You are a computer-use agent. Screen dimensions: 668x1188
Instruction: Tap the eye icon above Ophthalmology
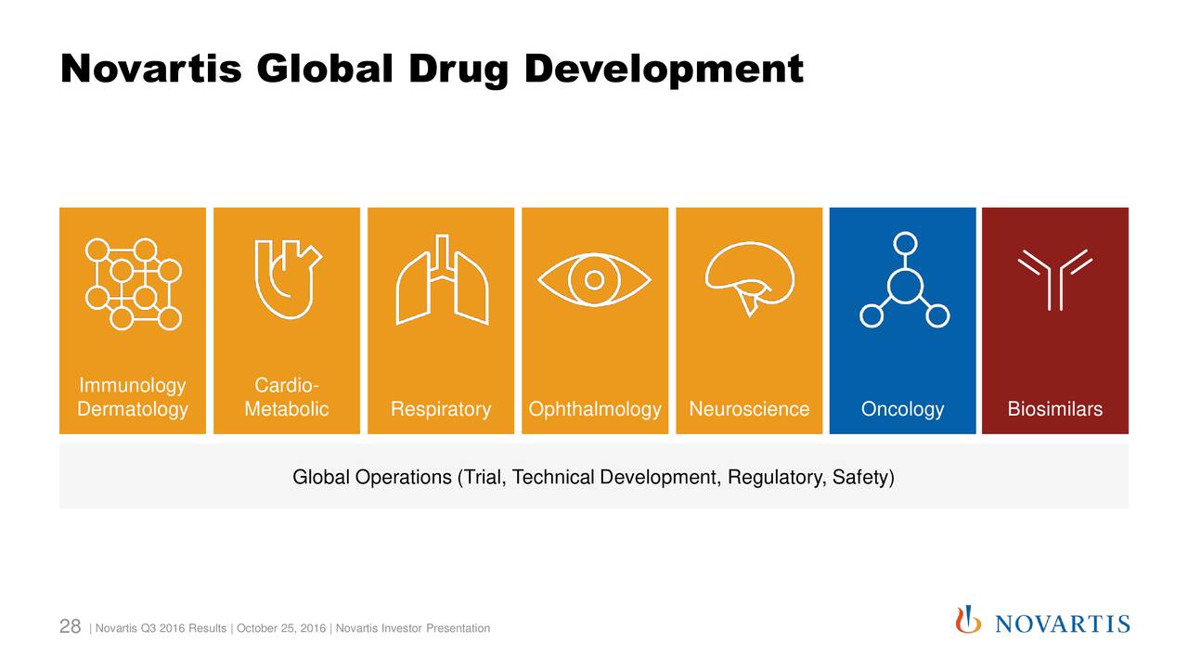[x=595, y=279]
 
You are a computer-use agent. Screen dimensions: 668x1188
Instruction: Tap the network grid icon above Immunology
[x=133, y=283]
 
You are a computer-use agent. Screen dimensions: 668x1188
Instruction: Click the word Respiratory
[x=441, y=409]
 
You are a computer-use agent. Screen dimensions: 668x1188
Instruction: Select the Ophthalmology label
[x=595, y=409]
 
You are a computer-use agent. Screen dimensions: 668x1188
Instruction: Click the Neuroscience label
[x=749, y=409]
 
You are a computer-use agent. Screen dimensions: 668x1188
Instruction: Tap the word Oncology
[x=902, y=409]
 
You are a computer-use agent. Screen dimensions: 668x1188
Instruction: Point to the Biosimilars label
[x=1055, y=409]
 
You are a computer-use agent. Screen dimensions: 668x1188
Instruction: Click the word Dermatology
[x=133, y=409]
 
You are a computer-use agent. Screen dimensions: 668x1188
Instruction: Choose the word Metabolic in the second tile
[x=287, y=409]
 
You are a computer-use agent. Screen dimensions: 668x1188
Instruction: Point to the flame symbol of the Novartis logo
[x=968, y=619]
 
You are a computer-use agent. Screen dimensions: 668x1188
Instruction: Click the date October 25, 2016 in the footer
[x=281, y=629]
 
